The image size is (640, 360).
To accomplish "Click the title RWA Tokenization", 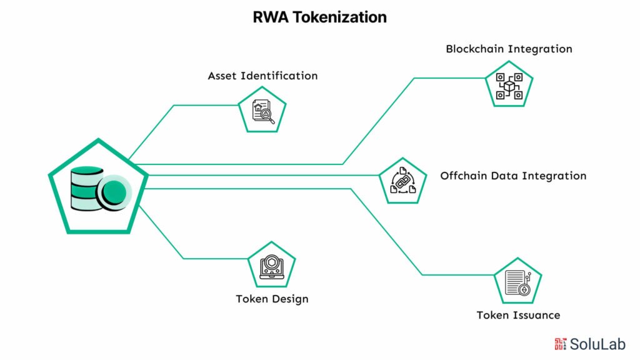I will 319,17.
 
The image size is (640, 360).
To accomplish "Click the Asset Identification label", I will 262,76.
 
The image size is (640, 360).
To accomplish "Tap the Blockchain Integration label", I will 509,49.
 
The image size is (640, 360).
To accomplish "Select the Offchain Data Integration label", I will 513,176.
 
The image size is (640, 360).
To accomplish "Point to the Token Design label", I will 272,299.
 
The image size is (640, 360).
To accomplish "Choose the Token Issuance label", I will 518,315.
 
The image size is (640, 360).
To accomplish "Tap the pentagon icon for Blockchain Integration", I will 509,86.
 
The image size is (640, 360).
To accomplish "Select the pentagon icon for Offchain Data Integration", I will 402,181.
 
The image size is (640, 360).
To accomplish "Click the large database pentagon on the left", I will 98,188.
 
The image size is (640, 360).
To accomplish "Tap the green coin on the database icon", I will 114,190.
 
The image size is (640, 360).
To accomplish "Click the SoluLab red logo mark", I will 561,343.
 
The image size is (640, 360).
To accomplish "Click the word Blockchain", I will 477,49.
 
